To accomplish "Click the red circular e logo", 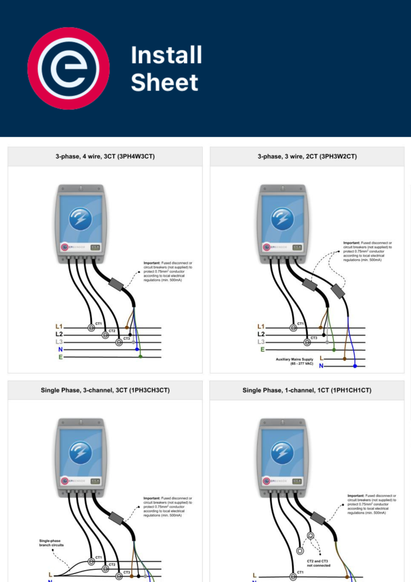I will [68, 69].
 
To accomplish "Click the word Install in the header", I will [167, 55].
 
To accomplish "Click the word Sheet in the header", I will [164, 83].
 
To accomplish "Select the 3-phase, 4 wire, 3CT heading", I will [105, 156].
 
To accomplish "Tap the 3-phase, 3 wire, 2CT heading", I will [307, 156].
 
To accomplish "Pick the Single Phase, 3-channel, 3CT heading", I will [105, 390].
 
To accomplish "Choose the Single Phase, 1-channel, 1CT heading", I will [307, 390].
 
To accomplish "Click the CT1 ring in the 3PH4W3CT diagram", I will [91, 328].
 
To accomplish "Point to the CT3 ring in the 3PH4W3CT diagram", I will [119, 343].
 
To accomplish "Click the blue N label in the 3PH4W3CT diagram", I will [60, 350].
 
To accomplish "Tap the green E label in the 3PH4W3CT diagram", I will [60, 357].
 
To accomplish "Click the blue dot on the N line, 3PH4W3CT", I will [137, 349].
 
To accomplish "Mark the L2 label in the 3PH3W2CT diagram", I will [261, 334].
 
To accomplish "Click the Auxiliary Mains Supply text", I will [294, 361].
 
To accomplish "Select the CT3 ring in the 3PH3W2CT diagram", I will [307, 343].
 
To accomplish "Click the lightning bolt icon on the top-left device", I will [80, 219].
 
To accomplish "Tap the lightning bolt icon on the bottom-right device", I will [282, 452].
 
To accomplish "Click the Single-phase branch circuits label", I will [51, 543].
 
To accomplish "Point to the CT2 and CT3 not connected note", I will [318, 563].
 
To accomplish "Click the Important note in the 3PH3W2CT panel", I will [367, 251].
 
